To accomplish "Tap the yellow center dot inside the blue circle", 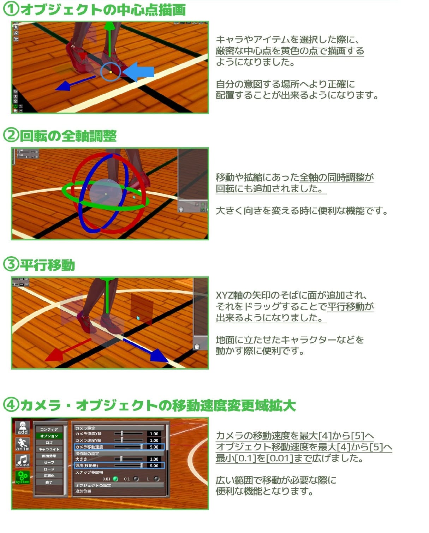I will (111, 72).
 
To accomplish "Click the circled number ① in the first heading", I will (10, 10).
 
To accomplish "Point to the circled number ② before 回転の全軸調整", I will (10, 136).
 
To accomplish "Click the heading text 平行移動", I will (47, 265).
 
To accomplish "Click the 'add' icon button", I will (23, 428).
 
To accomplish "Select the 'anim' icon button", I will (23, 444).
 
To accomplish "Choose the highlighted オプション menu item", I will (49, 436).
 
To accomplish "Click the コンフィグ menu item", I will (49, 429).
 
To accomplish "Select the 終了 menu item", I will (49, 482).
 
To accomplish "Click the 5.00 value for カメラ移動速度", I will (154, 447).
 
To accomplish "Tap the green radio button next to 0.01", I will (115, 479).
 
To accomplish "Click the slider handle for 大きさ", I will (121, 459).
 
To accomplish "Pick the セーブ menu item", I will (49, 462).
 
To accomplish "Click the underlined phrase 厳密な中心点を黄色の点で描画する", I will (290, 51).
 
